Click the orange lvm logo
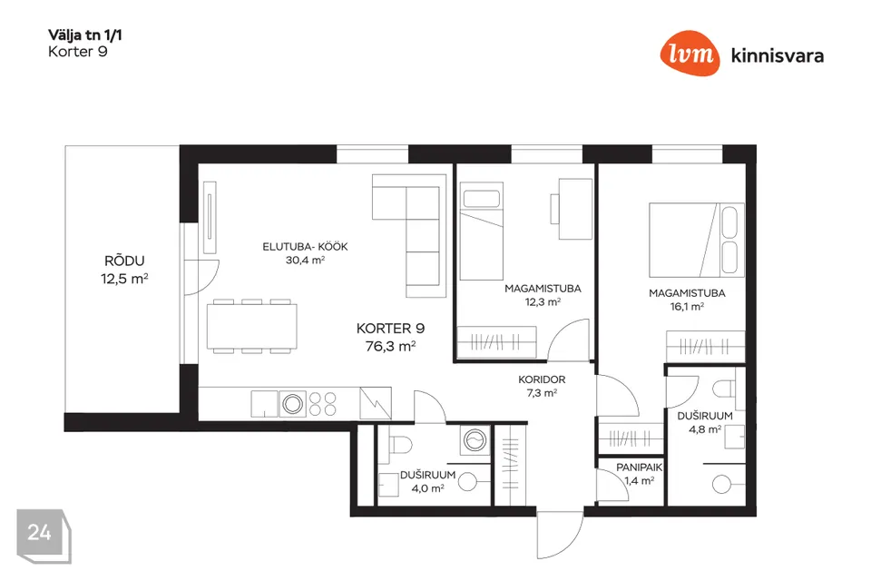(x=690, y=54)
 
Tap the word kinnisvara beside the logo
(x=778, y=55)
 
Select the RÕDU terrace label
(x=124, y=261)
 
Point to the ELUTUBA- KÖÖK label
(x=305, y=246)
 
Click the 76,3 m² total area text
(x=390, y=347)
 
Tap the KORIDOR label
(x=542, y=379)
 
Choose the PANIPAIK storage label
(x=639, y=468)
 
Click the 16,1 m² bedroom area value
(x=687, y=306)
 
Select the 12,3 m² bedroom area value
(x=543, y=302)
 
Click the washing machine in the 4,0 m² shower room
(x=475, y=441)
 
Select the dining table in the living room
(x=251, y=327)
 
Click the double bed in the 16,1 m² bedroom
(x=697, y=241)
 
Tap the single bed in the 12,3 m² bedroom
(x=482, y=231)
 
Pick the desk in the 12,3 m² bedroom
(x=572, y=209)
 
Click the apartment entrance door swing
(x=560, y=535)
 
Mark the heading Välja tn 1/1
(x=85, y=35)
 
